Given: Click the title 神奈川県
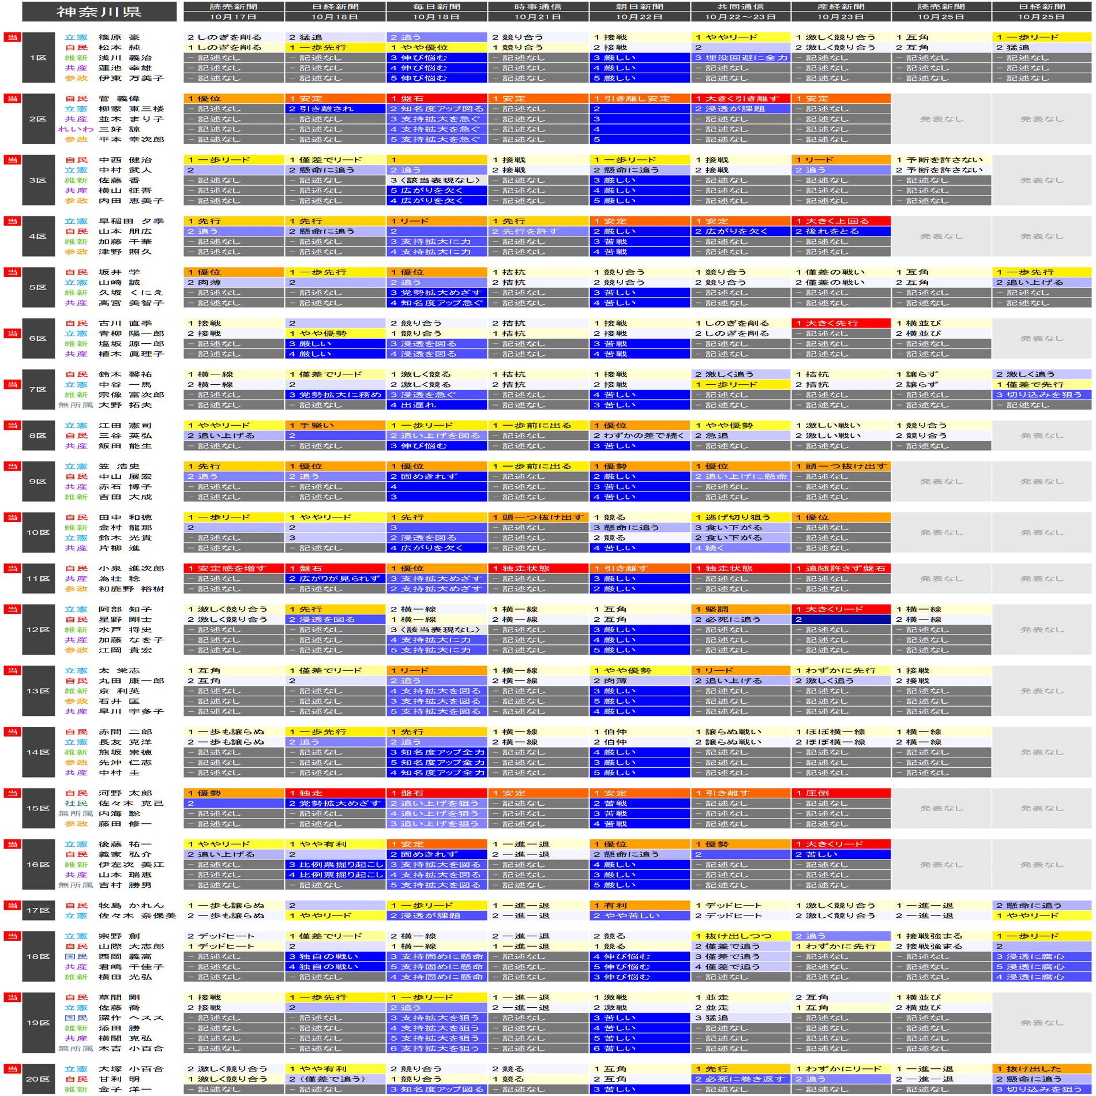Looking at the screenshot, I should tap(99, 12).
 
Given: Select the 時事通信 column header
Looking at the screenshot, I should tap(538, 12).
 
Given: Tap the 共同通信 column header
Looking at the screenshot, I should tap(741, 12).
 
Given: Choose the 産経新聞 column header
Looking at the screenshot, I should tap(841, 12).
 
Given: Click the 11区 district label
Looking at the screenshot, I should tap(38, 579).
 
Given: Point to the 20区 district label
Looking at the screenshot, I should tap(38, 1079).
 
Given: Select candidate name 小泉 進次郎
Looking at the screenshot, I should tap(131, 568).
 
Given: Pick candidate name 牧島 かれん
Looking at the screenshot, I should tap(131, 906).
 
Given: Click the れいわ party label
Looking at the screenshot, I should tap(76, 129).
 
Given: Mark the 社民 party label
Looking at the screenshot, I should tap(76, 804).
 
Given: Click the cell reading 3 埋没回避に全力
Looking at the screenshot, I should tap(741, 58).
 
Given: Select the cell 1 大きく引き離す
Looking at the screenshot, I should tap(741, 99).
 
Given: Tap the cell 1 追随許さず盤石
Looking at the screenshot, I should tap(841, 568).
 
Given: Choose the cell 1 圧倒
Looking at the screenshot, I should tap(841, 793).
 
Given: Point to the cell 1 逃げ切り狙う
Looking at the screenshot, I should tap(741, 517).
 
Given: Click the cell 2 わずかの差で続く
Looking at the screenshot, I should tap(639, 436).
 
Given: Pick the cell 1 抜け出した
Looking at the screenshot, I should tap(1042, 1069).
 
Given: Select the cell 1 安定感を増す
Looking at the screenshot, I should tap(234, 568).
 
